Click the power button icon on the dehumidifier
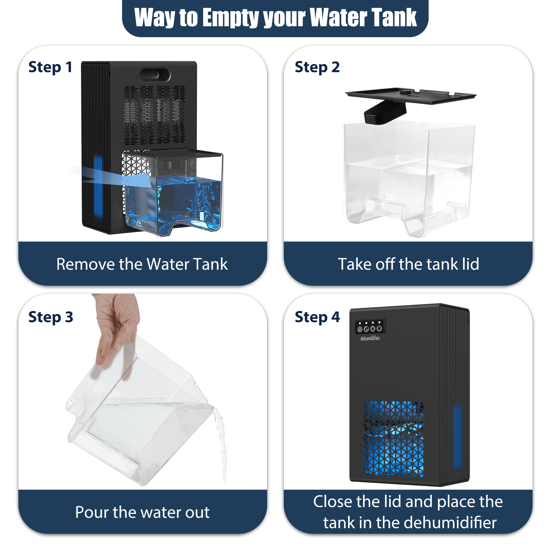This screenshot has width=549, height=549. point(379,329)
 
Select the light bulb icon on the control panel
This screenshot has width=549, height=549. point(372,329)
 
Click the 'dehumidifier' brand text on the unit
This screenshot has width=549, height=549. point(370,338)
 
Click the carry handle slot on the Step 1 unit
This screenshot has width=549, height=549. point(155,75)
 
